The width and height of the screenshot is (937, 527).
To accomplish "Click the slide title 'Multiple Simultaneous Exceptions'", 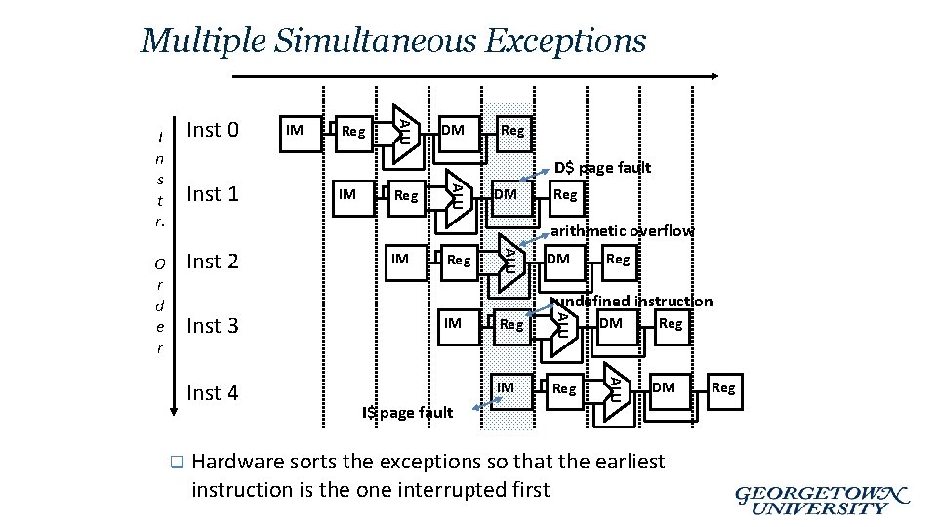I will click(393, 41).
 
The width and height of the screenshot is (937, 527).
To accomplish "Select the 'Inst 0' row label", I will click(212, 130).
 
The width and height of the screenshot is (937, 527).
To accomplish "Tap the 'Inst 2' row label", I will click(212, 262).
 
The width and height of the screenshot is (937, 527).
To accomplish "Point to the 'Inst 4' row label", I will click(212, 393).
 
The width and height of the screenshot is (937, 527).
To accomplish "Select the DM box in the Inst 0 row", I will click(452, 130).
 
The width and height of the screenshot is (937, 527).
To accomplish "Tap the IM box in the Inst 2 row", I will click(399, 260).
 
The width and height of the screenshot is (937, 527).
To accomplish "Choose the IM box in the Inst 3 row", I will click(453, 323).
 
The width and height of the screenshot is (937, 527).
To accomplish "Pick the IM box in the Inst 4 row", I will click(506, 388).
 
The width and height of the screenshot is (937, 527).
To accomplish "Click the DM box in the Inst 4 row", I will click(664, 388).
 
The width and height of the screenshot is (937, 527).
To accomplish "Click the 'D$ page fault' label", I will click(602, 168).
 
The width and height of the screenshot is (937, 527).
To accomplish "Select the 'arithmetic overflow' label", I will click(622, 231).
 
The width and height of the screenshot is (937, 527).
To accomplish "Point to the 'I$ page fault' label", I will click(407, 412).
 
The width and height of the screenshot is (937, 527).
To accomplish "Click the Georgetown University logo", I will click(821, 500).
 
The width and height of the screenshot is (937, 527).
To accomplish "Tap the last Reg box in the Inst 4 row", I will click(723, 388).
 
